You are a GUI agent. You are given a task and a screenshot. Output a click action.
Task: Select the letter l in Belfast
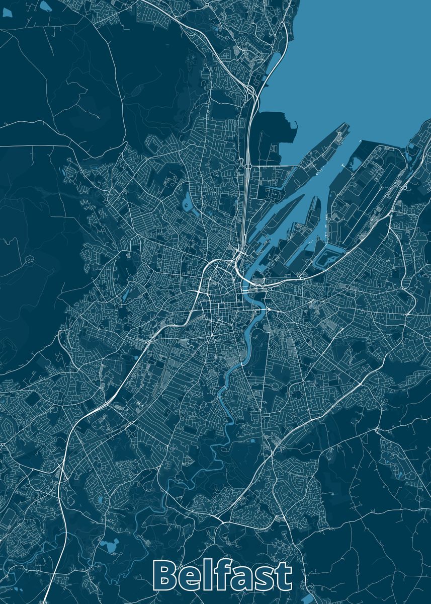tap(212, 574)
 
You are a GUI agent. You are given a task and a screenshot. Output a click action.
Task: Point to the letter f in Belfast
tap(224, 574)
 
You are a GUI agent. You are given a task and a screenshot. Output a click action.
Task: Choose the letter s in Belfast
tap(266, 578)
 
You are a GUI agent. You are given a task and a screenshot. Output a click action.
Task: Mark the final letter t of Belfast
tap(284, 576)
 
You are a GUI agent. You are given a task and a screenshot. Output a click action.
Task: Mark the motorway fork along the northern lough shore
tap(250, 91)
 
